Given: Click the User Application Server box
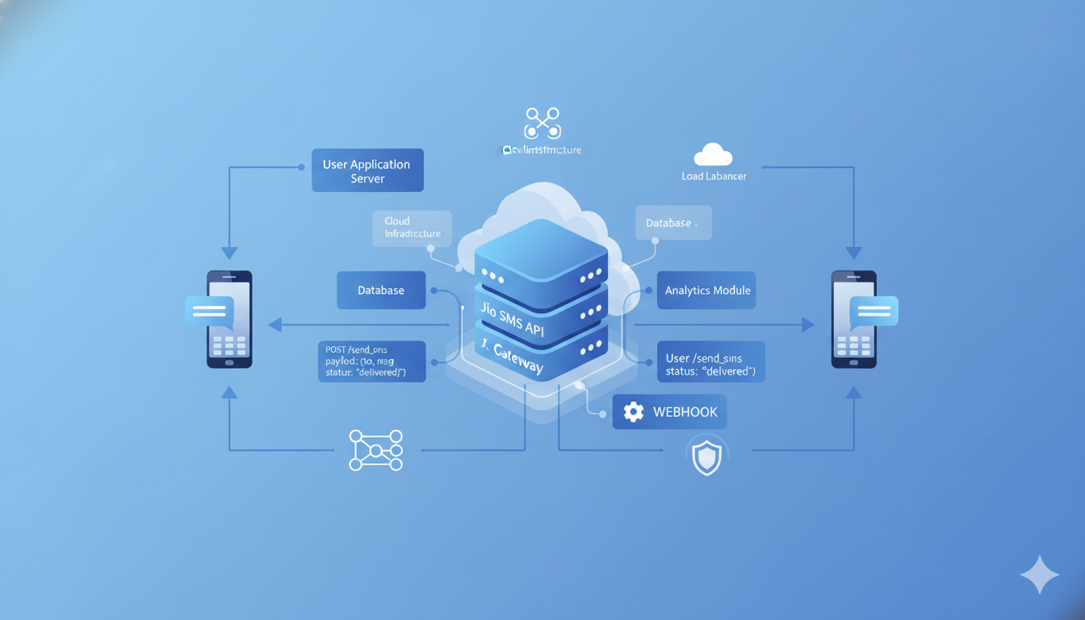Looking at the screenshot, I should tap(367, 170).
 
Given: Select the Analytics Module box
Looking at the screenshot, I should tap(706, 291).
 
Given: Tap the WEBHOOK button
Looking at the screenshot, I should tap(669, 412).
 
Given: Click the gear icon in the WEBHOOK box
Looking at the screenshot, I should tap(634, 412).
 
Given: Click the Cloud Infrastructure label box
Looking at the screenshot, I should tap(412, 228).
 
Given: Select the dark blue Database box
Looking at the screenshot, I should tap(381, 291).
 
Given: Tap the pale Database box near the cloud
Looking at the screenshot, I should tap(673, 223).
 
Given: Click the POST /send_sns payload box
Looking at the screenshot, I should tap(371, 361).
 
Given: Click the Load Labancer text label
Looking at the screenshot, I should tap(714, 176).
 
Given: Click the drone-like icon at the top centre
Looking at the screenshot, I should tap(542, 124).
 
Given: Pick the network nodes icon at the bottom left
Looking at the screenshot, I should tap(375, 450).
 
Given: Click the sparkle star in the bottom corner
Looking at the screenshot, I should tap(1040, 575).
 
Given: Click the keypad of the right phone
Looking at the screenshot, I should tap(853, 346).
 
